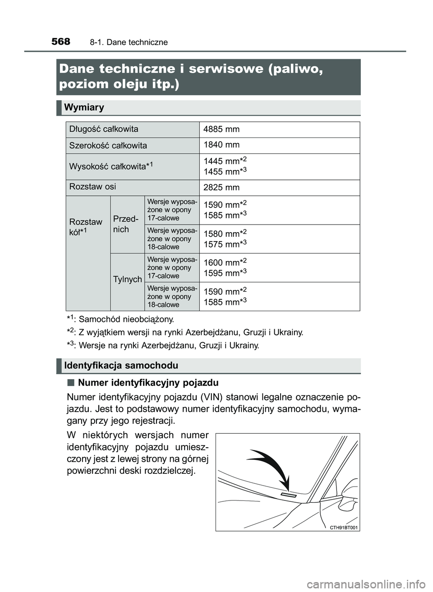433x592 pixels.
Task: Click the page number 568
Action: pos(61,41)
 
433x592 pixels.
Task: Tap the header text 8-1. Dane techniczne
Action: pos(129,42)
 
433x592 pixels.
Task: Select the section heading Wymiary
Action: pos(84,107)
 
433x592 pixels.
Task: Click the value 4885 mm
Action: pos(221,129)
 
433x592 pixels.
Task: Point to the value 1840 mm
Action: pos(221,145)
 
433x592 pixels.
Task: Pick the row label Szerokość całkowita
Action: pos(108,146)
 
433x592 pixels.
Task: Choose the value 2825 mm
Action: pos(221,188)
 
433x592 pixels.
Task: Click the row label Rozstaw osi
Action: pos(92,187)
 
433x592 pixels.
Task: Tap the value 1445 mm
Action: pos(221,161)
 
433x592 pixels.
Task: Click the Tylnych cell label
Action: pos(128,280)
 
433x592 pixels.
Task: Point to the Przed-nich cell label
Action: pos(125,224)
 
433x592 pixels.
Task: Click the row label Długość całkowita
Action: pos(104,129)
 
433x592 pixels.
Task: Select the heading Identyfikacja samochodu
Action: pos(121,366)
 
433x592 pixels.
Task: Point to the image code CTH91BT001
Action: pos(344,528)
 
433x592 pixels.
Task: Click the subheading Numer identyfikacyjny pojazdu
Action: pos(148,383)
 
